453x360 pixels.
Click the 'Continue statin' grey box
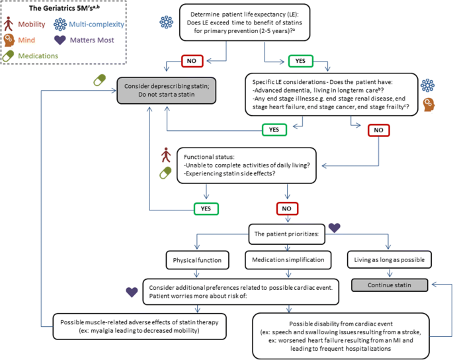click(x=390, y=285)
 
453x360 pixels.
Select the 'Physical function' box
click(x=197, y=260)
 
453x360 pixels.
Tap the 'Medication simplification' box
click(x=288, y=259)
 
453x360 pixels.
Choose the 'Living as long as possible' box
click(x=389, y=259)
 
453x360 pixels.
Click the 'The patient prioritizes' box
click(x=286, y=234)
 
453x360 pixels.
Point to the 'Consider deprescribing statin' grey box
click(x=167, y=90)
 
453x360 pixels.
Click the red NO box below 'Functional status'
click(x=287, y=208)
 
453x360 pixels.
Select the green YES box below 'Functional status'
click(x=206, y=208)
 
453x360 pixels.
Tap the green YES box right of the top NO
click(x=300, y=61)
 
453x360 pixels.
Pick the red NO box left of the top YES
click(x=192, y=61)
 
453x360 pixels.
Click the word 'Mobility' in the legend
click(x=32, y=24)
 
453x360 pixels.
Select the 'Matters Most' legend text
click(x=92, y=40)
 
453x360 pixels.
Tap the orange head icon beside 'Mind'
click(x=9, y=40)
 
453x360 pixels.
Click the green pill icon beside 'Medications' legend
click(x=8, y=56)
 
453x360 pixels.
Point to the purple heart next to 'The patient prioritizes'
click(x=334, y=228)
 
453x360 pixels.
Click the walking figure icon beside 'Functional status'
click(x=166, y=155)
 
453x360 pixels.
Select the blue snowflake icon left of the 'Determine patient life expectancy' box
click(x=167, y=22)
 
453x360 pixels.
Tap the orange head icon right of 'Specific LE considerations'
click(x=429, y=105)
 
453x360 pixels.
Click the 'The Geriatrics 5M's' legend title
click(x=64, y=8)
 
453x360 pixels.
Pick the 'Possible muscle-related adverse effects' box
click(x=140, y=326)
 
